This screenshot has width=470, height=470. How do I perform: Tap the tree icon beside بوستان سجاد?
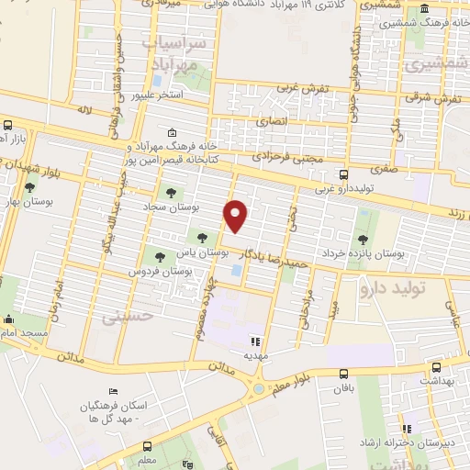170,193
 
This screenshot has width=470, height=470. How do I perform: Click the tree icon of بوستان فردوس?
161,258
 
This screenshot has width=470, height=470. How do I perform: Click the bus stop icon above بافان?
344,374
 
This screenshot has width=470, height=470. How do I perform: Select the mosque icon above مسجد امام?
10,320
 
